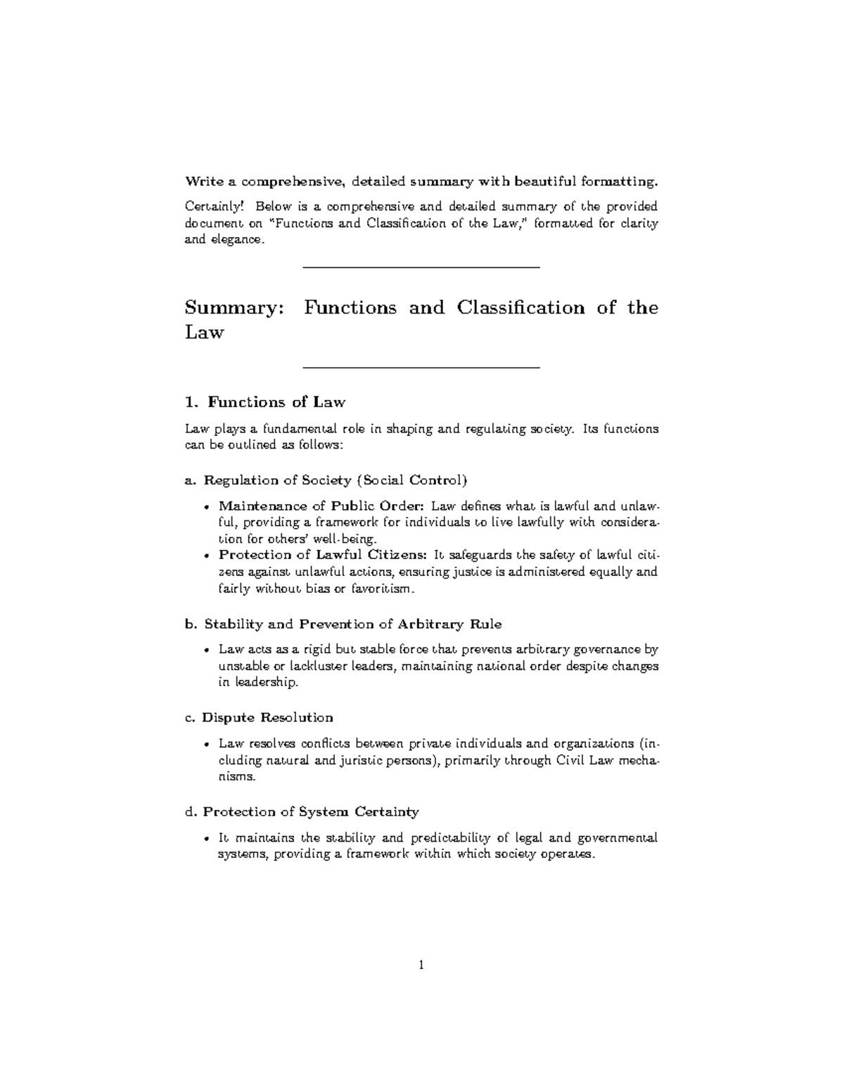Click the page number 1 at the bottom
tap(421, 965)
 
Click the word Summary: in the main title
tap(231, 308)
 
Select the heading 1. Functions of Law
tap(264, 402)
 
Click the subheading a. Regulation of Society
tap(326, 480)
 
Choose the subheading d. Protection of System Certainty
tap(302, 811)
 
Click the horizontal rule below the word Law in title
tap(421, 368)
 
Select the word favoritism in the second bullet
tap(381, 589)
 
